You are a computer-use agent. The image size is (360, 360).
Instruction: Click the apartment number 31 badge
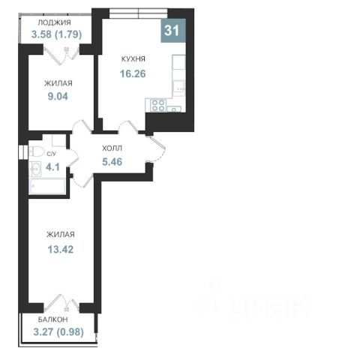click(x=173, y=31)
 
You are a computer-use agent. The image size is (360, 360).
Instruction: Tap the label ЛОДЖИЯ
click(x=54, y=22)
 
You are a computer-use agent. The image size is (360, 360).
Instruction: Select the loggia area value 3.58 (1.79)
click(x=56, y=34)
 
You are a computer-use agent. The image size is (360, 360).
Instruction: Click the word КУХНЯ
click(x=133, y=59)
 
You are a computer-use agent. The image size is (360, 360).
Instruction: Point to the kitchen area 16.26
click(x=133, y=73)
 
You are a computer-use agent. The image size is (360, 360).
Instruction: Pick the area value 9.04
click(x=58, y=96)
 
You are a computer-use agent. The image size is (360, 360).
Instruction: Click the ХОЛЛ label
click(x=112, y=148)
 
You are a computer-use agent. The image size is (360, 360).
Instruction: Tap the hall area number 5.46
click(x=112, y=162)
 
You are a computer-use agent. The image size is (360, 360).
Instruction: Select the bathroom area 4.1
click(x=52, y=167)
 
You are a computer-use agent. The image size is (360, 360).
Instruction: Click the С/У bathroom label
click(x=52, y=154)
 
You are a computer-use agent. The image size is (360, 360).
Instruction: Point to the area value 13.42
click(x=61, y=249)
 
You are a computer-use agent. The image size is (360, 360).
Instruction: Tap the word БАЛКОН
click(x=53, y=319)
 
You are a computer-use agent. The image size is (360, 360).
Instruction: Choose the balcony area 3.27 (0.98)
click(x=58, y=332)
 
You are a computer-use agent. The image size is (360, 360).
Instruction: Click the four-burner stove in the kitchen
click(x=158, y=105)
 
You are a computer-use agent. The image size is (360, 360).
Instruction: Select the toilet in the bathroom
click(x=36, y=151)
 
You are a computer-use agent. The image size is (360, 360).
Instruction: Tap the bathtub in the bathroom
click(x=47, y=186)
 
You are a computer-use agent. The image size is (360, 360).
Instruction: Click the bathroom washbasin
click(x=35, y=169)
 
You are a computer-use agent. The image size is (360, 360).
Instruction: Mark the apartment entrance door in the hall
click(x=156, y=148)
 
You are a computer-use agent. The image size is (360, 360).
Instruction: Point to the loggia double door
click(x=61, y=55)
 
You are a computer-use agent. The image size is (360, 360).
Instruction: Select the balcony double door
click(x=61, y=303)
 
